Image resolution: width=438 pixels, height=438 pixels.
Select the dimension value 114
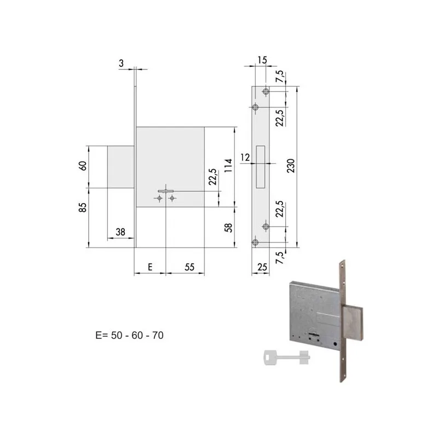click(229, 165)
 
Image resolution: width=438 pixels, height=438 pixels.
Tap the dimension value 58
click(229, 227)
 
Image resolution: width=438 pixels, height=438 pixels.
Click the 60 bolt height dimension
click(83, 166)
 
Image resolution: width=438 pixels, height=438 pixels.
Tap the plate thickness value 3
click(120, 64)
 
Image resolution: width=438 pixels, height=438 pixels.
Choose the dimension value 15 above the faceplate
click(262, 60)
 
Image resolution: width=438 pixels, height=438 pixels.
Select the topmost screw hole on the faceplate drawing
click(266, 91)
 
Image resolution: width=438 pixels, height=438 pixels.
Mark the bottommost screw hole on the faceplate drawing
click(256, 243)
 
